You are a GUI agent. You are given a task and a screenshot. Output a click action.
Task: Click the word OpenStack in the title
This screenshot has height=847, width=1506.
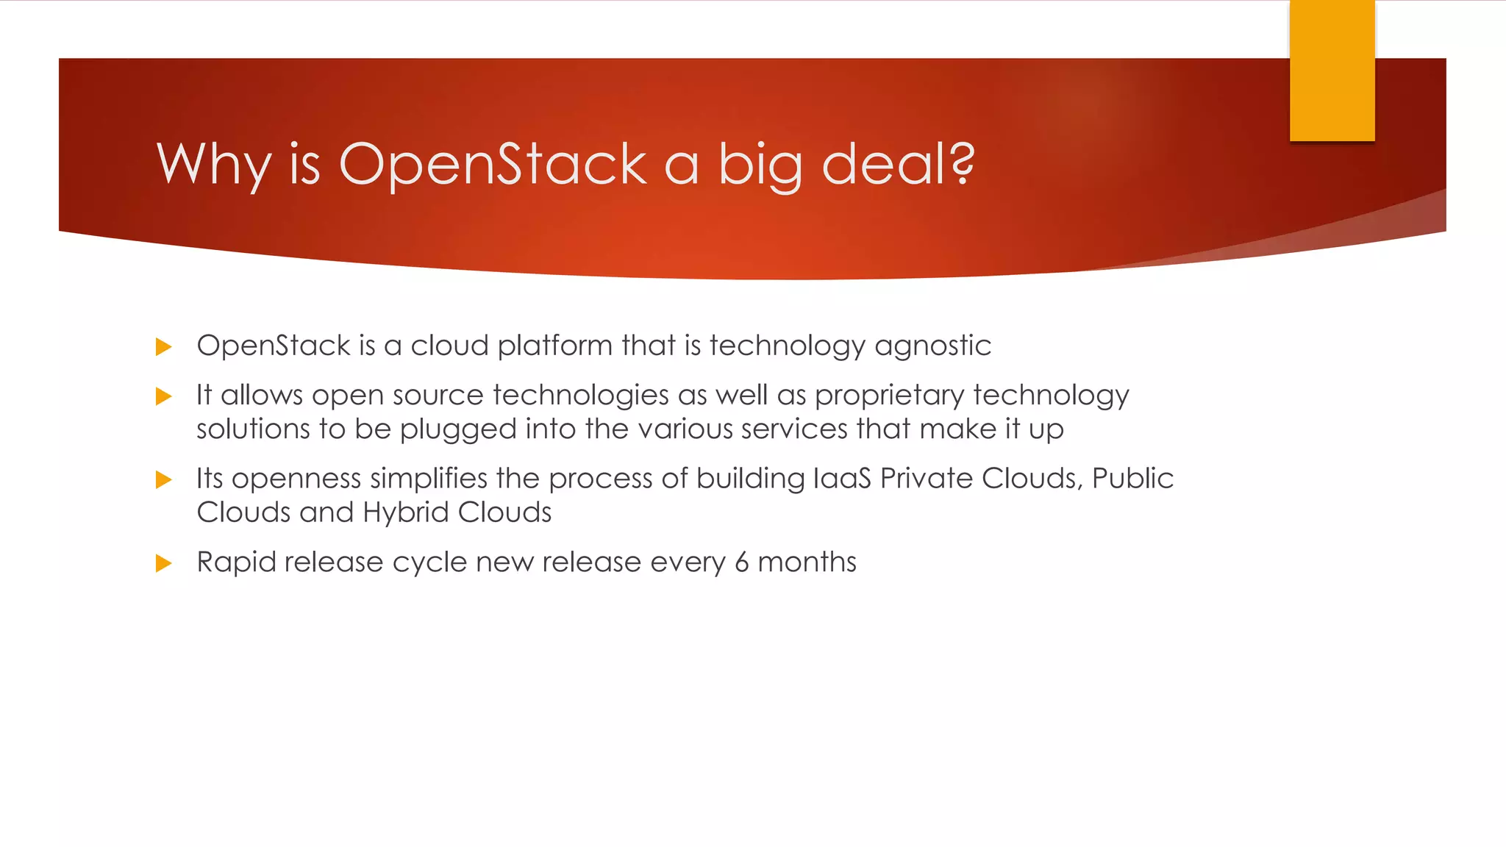click(493, 163)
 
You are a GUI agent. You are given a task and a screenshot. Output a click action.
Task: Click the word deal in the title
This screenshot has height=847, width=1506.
click(884, 163)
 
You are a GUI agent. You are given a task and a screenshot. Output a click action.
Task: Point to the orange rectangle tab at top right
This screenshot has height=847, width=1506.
click(1332, 71)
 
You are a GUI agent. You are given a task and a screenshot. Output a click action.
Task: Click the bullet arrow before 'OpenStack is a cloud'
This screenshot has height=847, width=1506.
click(164, 346)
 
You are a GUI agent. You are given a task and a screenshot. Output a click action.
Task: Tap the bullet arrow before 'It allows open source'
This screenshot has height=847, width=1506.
click(164, 396)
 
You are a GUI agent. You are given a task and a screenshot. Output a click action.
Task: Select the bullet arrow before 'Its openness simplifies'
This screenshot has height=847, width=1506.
click(164, 479)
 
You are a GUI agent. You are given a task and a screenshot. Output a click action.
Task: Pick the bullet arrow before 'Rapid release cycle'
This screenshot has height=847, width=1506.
click(164, 563)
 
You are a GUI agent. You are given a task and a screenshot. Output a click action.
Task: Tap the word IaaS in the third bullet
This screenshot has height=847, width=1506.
click(842, 479)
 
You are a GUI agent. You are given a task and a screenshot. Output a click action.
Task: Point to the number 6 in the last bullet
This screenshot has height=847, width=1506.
click(741, 562)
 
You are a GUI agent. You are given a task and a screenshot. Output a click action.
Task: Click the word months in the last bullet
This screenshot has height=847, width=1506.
click(807, 562)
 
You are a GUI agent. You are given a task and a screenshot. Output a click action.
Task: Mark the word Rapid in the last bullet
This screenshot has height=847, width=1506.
click(236, 562)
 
